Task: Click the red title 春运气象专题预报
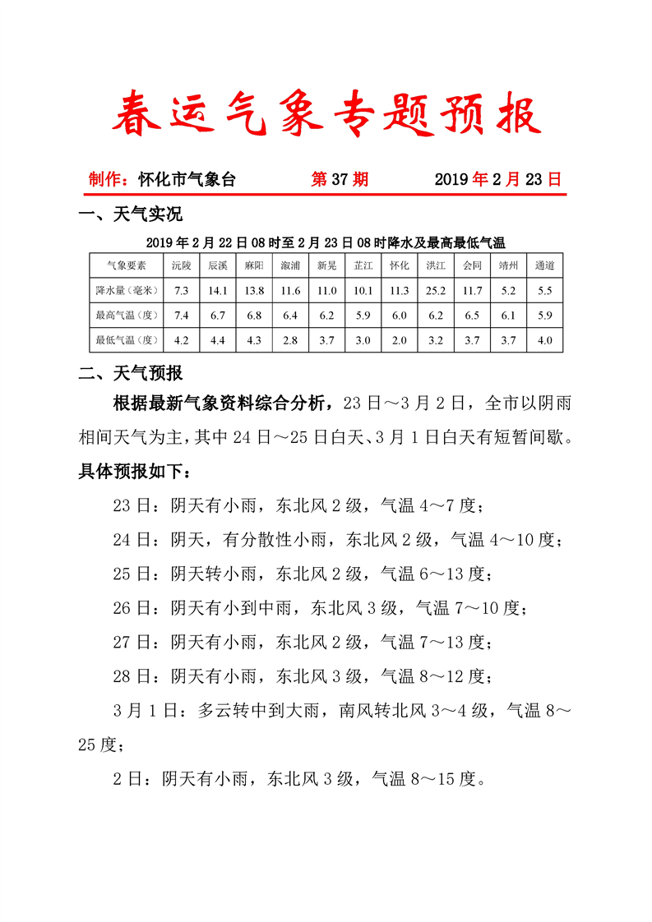click(x=326, y=114)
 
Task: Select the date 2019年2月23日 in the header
click(x=497, y=180)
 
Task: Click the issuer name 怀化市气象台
click(x=187, y=180)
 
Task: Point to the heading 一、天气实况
click(x=130, y=215)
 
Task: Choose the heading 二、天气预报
click(x=130, y=374)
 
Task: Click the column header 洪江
click(x=436, y=265)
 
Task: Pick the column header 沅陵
click(x=182, y=265)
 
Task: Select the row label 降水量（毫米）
click(x=127, y=290)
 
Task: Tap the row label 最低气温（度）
click(x=127, y=339)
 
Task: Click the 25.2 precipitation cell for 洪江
click(x=436, y=290)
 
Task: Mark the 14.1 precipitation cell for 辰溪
click(x=218, y=290)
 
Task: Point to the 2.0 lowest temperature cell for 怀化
click(x=400, y=339)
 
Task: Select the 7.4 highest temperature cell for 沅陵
click(x=182, y=315)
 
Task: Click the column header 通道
click(x=544, y=265)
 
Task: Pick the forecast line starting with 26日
click(x=319, y=608)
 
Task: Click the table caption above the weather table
click(x=326, y=242)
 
